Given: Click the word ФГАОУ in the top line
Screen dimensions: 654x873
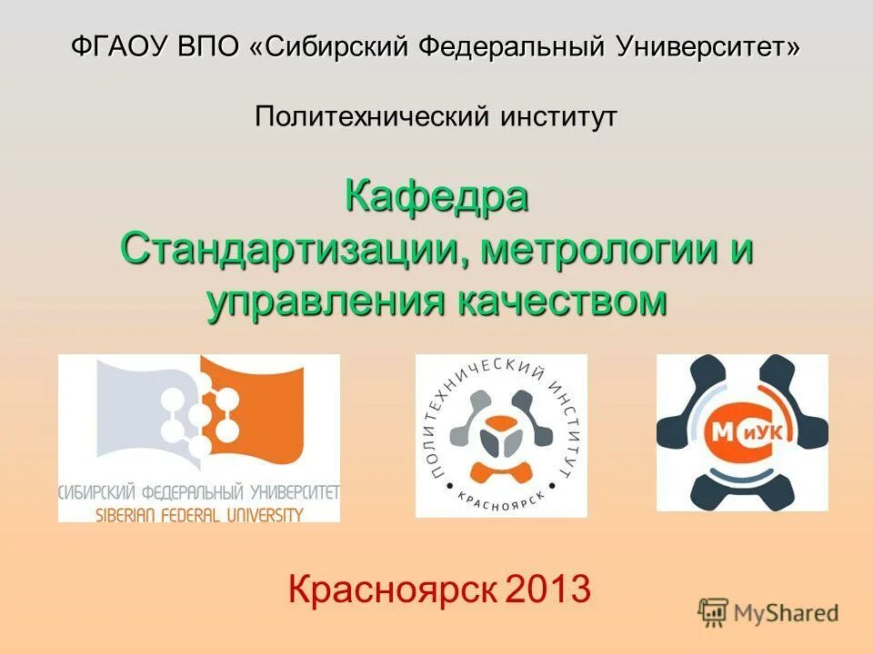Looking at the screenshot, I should click(x=113, y=46).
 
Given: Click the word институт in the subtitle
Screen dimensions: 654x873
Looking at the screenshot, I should click(x=558, y=115).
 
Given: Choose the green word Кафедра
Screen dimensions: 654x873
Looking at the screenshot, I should click(x=436, y=196).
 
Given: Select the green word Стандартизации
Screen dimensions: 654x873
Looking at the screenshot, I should click(x=289, y=249).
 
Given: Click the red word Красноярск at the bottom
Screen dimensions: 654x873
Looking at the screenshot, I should click(x=392, y=590).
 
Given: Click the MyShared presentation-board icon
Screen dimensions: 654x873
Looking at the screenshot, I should click(x=714, y=613).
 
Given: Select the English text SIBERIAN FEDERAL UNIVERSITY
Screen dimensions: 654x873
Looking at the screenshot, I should click(x=199, y=514).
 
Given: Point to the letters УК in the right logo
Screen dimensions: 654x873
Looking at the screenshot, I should click(x=769, y=433).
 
